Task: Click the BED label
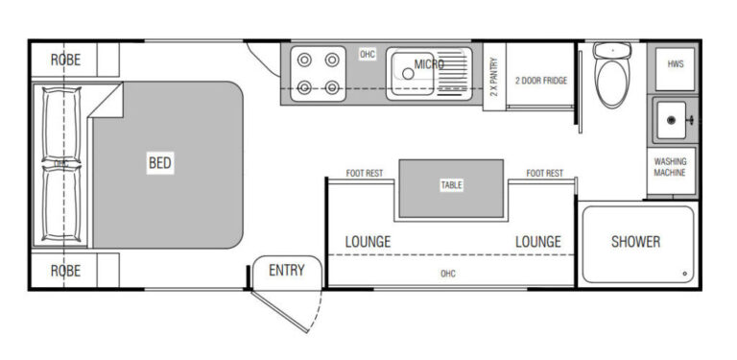click(x=160, y=163)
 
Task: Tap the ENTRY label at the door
click(x=287, y=270)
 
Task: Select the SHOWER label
click(x=635, y=242)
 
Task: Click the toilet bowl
click(x=611, y=83)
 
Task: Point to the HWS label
click(x=676, y=64)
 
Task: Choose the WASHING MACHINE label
click(x=670, y=167)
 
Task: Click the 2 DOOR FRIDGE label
click(x=541, y=81)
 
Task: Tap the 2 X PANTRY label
click(x=493, y=77)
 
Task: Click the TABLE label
click(x=451, y=184)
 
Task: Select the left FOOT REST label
click(x=365, y=174)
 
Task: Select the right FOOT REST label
click(x=545, y=174)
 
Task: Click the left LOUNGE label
click(x=368, y=242)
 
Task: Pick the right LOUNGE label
click(x=538, y=242)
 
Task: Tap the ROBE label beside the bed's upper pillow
click(x=65, y=60)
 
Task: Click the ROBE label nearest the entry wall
click(x=65, y=271)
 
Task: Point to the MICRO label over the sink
click(x=429, y=64)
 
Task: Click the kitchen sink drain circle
click(x=408, y=74)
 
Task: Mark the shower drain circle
click(x=684, y=274)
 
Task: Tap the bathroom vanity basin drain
click(x=671, y=120)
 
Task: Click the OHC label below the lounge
click(x=448, y=274)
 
